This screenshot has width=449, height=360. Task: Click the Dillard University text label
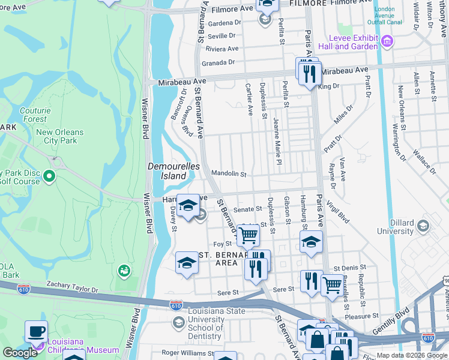click(x=395, y=227)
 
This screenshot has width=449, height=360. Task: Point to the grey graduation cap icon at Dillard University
click(x=423, y=226)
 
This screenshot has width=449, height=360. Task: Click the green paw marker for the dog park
click(x=124, y=271)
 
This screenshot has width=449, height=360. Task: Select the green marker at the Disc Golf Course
click(x=49, y=176)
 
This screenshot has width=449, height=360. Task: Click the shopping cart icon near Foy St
click(x=248, y=235)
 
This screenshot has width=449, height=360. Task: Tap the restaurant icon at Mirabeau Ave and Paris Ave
click(x=309, y=73)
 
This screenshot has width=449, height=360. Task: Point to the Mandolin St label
click(x=229, y=174)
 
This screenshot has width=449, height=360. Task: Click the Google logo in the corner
click(x=20, y=353)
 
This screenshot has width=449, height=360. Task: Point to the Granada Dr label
click(x=217, y=62)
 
